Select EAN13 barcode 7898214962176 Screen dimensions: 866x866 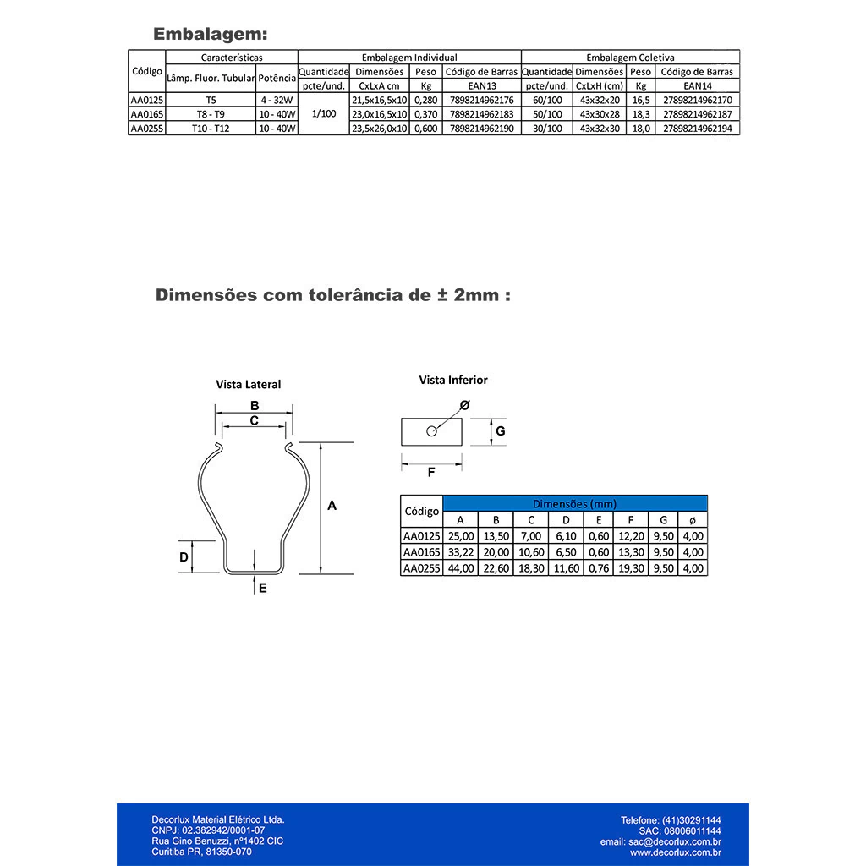pyautogui.click(x=481, y=100)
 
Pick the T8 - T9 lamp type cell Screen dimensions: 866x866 pyautogui.click(x=211, y=114)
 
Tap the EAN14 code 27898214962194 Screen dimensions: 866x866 pyautogui.click(x=697, y=129)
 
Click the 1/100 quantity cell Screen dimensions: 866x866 pyautogui.click(x=323, y=114)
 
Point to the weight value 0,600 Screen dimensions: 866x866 pyautogui.click(x=425, y=129)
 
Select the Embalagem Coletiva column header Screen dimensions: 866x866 pyautogui.click(x=630, y=58)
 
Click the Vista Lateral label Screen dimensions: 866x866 pyautogui.click(x=248, y=384)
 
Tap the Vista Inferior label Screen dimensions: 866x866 pyautogui.click(x=453, y=381)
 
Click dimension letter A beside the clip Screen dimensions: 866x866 pyautogui.click(x=332, y=506)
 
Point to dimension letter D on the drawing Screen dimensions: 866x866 pyautogui.click(x=184, y=557)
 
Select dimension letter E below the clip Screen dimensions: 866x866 pyautogui.click(x=263, y=588)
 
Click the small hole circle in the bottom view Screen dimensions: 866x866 pyautogui.click(x=431, y=430)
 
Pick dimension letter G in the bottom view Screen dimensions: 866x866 pyautogui.click(x=501, y=430)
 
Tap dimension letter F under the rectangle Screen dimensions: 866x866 pyautogui.click(x=431, y=473)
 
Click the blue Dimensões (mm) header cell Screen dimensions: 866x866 pyautogui.click(x=574, y=503)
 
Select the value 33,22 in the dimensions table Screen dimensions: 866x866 pyautogui.click(x=460, y=552)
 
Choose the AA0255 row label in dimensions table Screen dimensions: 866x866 pyautogui.click(x=421, y=568)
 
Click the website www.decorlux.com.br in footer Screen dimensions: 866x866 pyautogui.click(x=675, y=852)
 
